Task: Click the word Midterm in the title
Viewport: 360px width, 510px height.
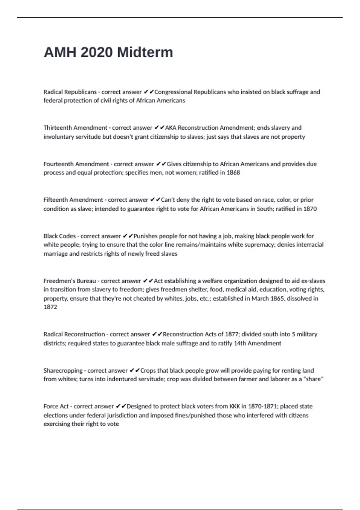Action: tap(145, 52)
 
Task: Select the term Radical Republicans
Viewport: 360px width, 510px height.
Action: tap(70, 92)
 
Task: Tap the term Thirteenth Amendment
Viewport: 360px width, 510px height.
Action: tap(75, 128)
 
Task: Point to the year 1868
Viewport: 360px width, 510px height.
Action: tap(233, 172)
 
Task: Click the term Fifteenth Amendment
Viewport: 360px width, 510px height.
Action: tap(73, 200)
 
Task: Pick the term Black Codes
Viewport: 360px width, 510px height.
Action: tap(59, 236)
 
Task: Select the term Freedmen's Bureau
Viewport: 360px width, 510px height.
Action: tap(70, 281)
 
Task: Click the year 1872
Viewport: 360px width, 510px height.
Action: tap(50, 307)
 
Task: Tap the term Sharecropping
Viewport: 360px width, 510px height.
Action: tap(63, 370)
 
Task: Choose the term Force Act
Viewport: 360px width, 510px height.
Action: tap(56, 406)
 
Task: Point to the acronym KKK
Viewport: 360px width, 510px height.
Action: tap(235, 406)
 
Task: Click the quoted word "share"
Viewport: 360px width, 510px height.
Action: tap(313, 379)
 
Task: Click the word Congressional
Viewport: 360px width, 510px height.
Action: tap(173, 92)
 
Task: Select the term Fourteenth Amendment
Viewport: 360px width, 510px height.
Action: tap(76, 164)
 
